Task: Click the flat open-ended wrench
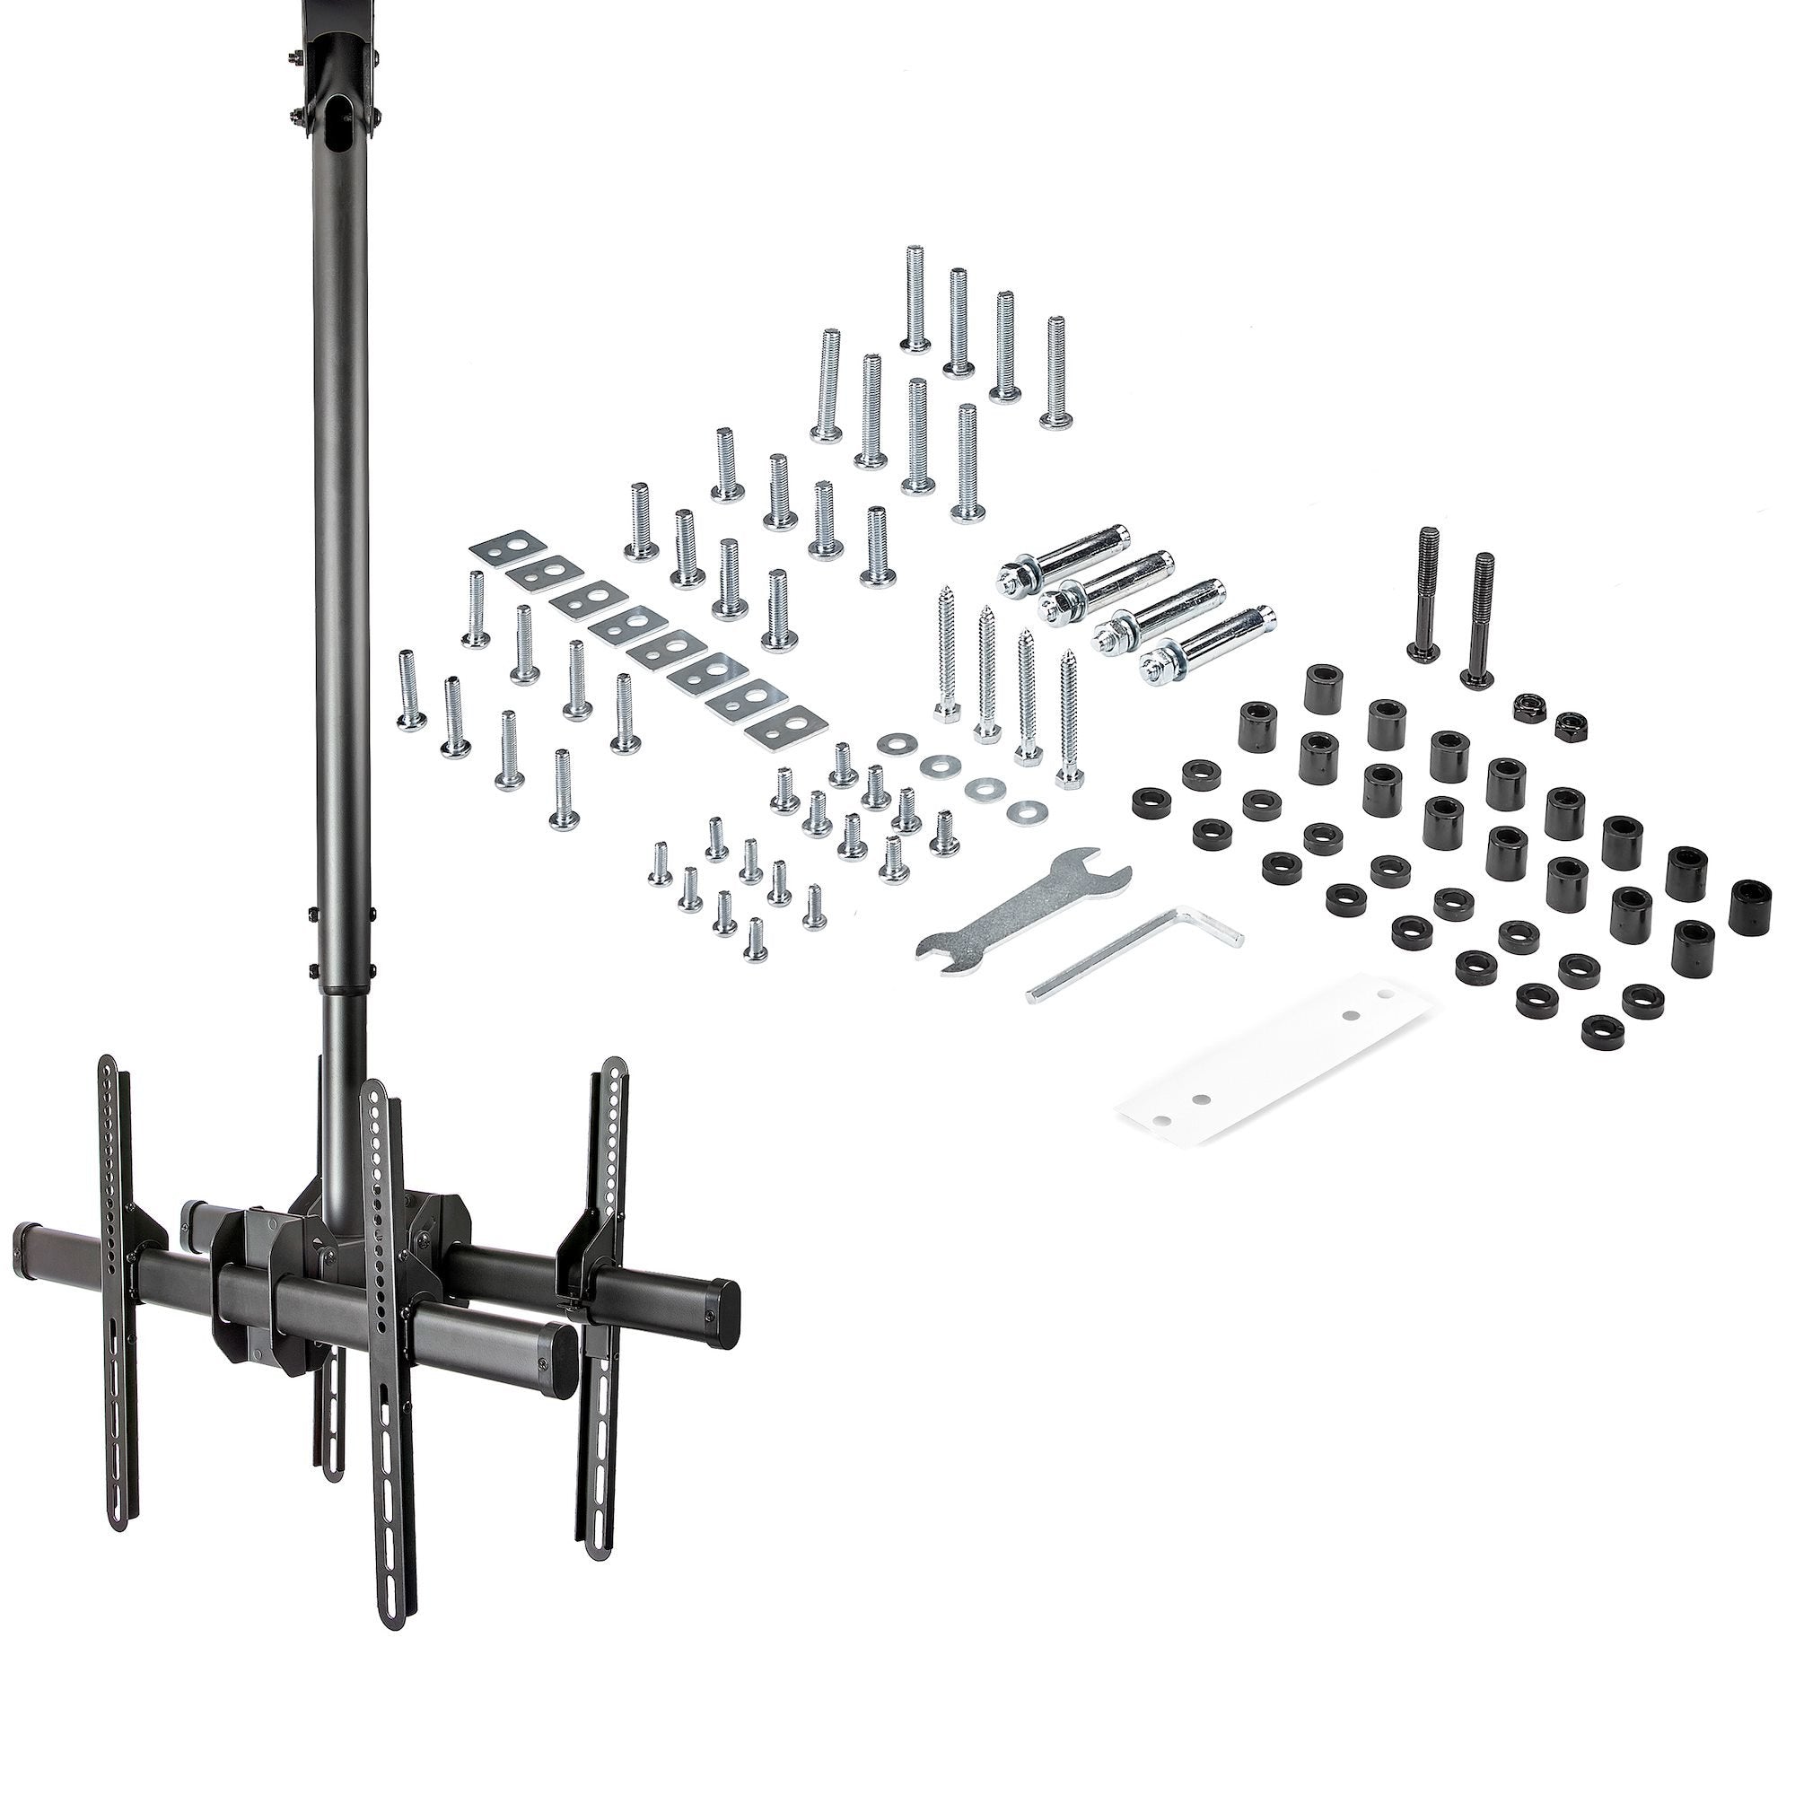click(x=1022, y=908)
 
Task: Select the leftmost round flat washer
click(x=894, y=744)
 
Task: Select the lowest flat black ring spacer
click(x=1598, y=1028)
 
